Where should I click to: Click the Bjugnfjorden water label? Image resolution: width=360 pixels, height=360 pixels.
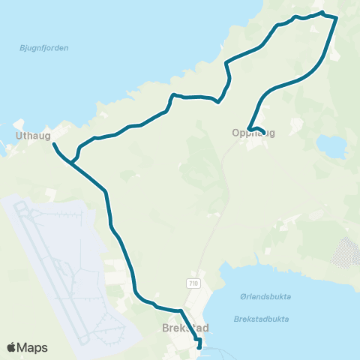pos(43,48)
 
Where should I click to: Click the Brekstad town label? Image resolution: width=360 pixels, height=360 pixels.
pos(184,328)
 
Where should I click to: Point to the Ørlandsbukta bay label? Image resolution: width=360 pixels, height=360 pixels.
pos(267,296)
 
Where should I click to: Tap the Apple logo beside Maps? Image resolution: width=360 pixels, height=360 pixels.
pos(11,347)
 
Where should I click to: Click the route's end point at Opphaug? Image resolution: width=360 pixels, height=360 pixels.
pos(263,131)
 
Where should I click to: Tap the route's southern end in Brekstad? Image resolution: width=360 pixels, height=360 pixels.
pos(199,346)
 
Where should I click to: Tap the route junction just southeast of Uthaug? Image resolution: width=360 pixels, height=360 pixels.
pos(72,161)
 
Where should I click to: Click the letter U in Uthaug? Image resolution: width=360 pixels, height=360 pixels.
pos(18,136)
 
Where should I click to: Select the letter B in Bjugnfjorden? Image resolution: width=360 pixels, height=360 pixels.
pos(21,48)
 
